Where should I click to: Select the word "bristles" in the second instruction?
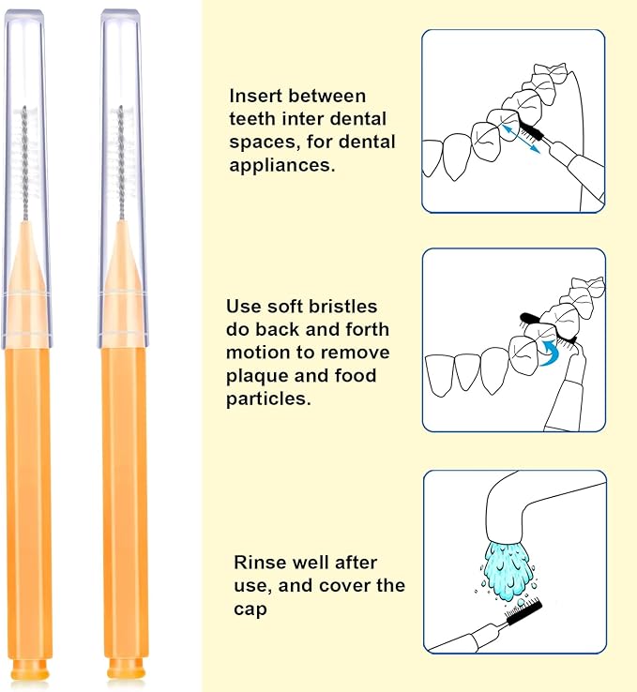click(341, 307)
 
